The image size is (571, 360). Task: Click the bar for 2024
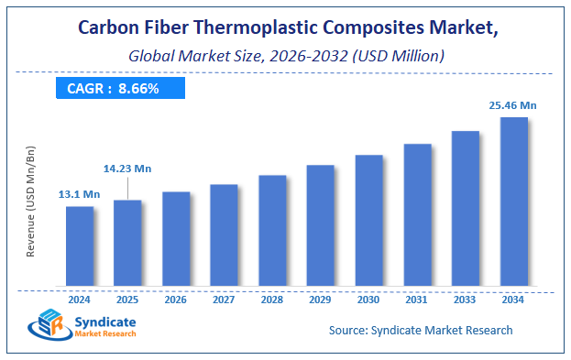click(x=80, y=245)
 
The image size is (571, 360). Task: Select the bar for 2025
click(x=127, y=242)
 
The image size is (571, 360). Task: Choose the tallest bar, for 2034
click(x=513, y=201)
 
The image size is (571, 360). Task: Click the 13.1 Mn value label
click(x=80, y=194)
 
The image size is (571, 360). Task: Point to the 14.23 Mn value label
click(x=126, y=169)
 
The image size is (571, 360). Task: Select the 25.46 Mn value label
click(x=512, y=105)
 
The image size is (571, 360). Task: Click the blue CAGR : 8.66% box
click(x=117, y=89)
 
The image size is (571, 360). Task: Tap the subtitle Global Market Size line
click(x=285, y=56)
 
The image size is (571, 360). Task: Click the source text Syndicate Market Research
click(x=420, y=330)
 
